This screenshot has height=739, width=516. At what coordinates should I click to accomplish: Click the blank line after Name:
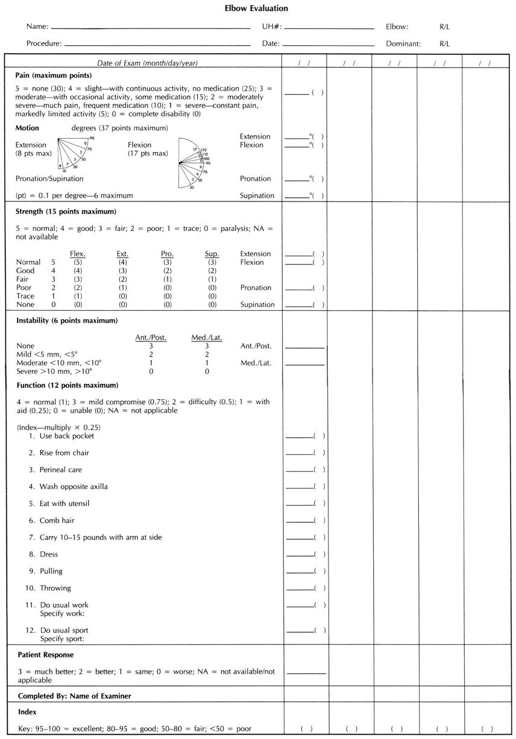[151, 28]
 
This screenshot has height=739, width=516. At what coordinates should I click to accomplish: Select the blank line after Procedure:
[157, 45]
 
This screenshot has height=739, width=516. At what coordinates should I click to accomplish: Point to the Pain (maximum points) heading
[54, 75]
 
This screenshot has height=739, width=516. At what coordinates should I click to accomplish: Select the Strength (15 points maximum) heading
[66, 212]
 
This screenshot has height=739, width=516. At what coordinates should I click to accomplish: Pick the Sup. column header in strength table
[212, 254]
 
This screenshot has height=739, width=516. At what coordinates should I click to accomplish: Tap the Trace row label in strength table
[25, 296]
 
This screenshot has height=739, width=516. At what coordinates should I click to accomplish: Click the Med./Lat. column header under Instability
[207, 337]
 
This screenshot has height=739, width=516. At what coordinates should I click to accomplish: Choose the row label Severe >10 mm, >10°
[54, 372]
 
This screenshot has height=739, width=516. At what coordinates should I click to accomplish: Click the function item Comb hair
[57, 521]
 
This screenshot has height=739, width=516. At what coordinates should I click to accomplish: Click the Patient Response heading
[46, 655]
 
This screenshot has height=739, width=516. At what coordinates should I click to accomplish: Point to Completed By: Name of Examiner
[75, 696]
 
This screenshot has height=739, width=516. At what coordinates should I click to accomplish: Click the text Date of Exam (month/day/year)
[148, 63]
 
